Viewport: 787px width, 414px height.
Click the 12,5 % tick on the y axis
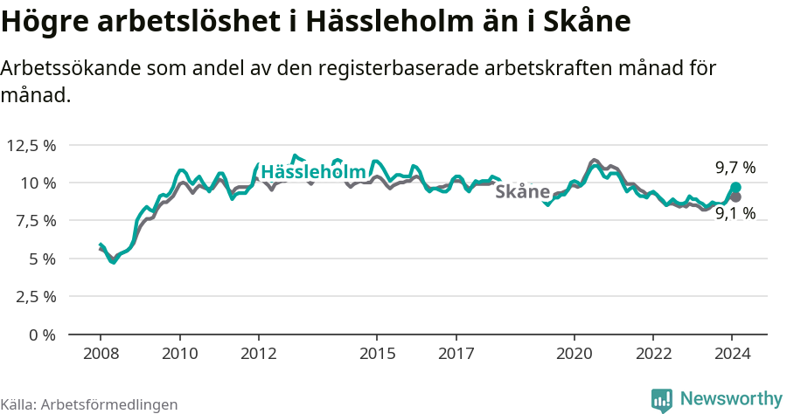coord(31,145)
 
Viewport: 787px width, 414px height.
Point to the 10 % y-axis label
coord(38,183)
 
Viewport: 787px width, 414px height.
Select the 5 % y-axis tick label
coord(42,259)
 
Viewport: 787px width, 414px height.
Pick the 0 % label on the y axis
coord(42,335)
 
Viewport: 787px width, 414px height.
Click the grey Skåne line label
coord(522,191)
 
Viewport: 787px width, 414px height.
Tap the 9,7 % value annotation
coord(735,168)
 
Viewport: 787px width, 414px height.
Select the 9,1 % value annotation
coord(735,213)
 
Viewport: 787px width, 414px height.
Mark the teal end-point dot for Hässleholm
coord(736,188)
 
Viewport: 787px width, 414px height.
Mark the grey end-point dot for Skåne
coord(736,197)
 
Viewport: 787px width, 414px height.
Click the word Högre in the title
coord(40,22)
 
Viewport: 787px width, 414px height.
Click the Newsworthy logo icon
coord(662,399)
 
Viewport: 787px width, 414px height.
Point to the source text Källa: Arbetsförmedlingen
coord(89,404)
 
